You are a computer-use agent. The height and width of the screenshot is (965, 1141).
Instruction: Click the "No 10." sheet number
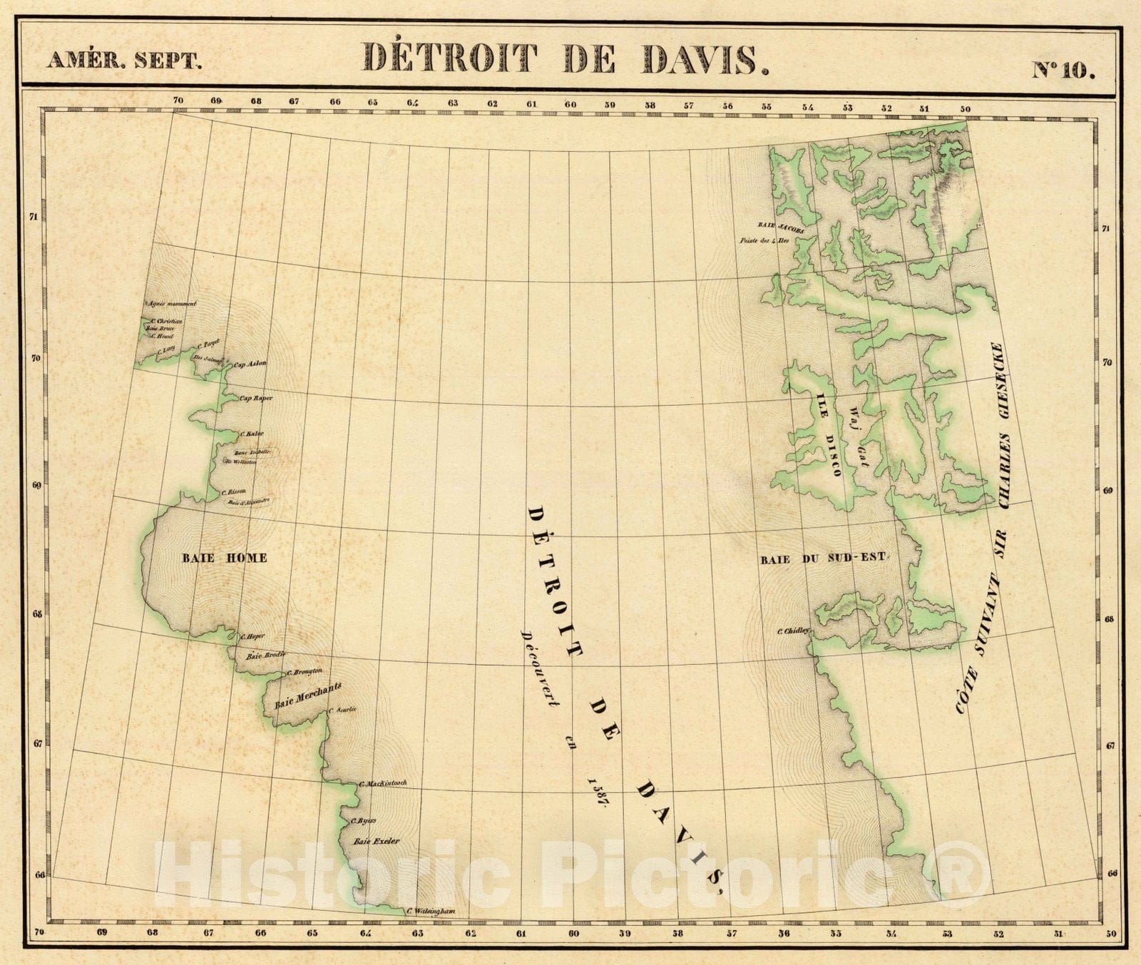click(1063, 70)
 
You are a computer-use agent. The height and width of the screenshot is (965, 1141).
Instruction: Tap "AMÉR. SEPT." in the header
click(124, 61)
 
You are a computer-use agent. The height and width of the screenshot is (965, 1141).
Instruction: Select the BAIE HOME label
click(224, 558)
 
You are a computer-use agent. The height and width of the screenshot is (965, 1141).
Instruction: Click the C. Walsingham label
click(430, 912)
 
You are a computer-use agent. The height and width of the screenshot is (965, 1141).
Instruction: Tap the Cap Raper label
click(256, 398)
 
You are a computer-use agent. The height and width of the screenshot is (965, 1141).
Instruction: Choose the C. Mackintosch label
click(383, 783)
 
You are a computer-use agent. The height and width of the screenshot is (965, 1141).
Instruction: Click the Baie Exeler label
click(377, 841)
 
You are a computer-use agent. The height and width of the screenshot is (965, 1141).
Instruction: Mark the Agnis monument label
click(171, 304)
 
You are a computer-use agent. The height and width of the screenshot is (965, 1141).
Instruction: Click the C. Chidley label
click(793, 630)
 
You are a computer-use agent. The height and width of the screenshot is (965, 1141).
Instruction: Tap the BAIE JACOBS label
click(781, 228)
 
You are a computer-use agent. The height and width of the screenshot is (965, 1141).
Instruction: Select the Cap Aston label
click(250, 364)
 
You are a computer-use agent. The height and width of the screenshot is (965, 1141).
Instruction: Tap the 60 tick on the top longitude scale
click(570, 104)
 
